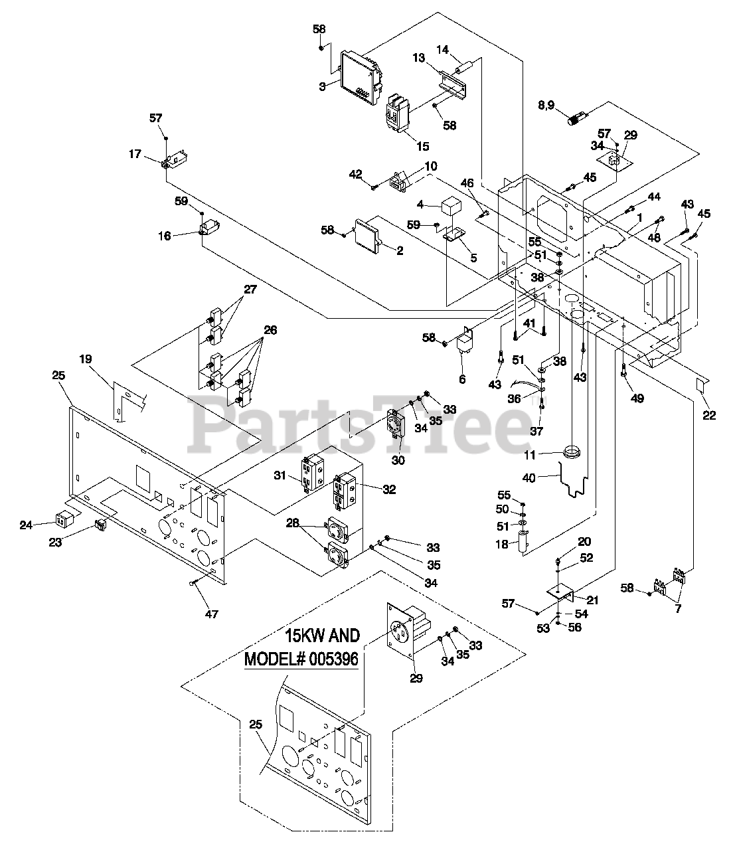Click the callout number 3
click(x=322, y=86)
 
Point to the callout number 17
click(x=135, y=153)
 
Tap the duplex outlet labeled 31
click(x=312, y=472)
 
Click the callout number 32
click(x=389, y=489)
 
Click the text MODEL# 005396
click(x=301, y=659)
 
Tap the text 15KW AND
click(x=323, y=636)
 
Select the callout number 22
click(x=709, y=416)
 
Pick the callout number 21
click(x=592, y=600)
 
